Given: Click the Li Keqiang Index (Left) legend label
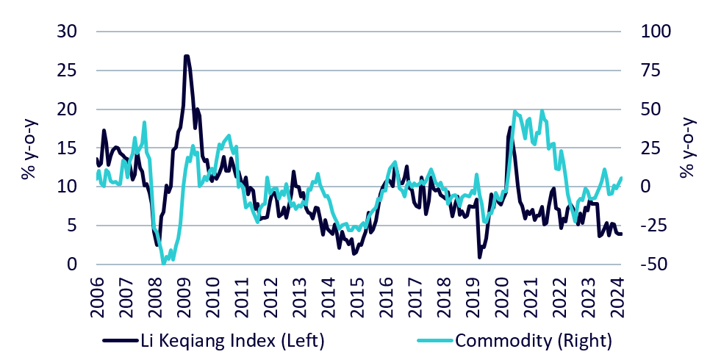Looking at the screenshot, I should click(232, 340).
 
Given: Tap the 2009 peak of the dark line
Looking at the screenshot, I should click(187, 56).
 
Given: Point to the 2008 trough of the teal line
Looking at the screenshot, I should click(164, 263).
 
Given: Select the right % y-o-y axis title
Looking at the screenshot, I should click(686, 148).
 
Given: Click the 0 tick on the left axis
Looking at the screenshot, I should click(71, 264).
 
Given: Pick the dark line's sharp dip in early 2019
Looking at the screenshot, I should click(479, 256).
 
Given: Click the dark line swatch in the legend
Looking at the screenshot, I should click(120, 340).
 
